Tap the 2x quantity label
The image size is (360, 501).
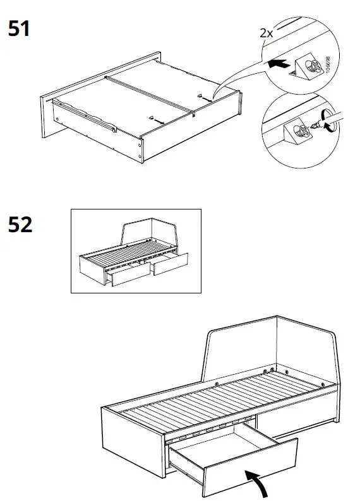click(x=267, y=33)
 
